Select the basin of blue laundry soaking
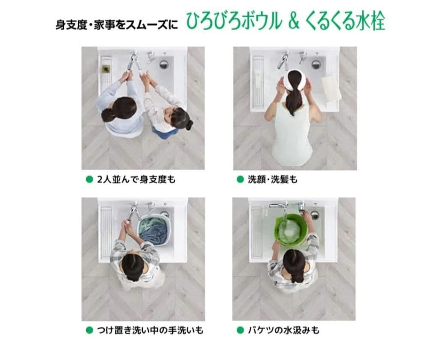[x=153, y=229]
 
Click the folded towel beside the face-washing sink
[x=331, y=88]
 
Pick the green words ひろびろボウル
[x=234, y=22]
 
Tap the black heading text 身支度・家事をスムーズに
[x=116, y=24]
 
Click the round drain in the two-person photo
[x=164, y=64]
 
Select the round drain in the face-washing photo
[x=316, y=64]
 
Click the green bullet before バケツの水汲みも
[x=240, y=330]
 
